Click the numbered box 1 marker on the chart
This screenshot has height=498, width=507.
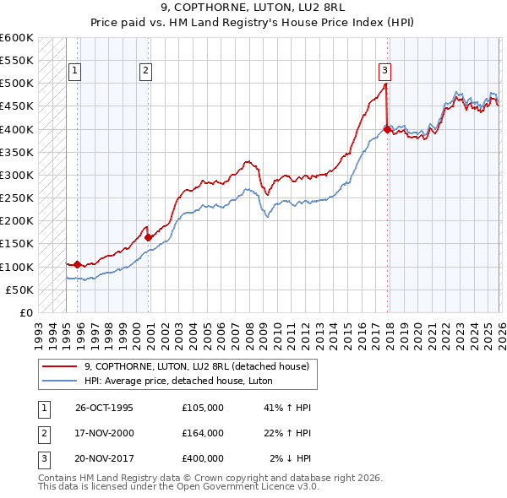tap(75, 72)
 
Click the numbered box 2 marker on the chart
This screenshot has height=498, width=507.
tap(146, 72)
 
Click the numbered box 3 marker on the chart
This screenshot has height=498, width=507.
tap(384, 72)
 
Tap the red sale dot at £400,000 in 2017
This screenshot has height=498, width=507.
tap(387, 129)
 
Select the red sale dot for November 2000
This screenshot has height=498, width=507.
tap(149, 237)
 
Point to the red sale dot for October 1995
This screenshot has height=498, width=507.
tap(78, 264)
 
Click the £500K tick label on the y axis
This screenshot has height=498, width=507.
tap(16, 84)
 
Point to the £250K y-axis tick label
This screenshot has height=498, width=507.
tap(16, 198)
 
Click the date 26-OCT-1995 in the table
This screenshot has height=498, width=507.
tap(104, 408)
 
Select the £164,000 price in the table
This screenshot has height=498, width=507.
tap(203, 433)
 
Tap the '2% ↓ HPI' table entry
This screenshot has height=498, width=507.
tap(291, 458)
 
